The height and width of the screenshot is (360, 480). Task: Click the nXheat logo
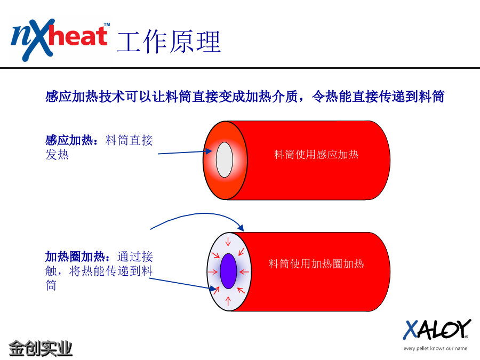pos(60,40)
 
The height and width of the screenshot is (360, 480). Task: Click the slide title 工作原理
pos(169,42)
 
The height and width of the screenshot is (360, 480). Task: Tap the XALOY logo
pos(437,330)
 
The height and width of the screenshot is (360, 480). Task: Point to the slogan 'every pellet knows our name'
pos(435,348)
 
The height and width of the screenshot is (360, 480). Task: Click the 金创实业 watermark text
pos(41,348)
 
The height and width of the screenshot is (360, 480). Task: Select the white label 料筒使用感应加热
pos(316,154)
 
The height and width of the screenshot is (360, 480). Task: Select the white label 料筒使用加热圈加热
pos(316,263)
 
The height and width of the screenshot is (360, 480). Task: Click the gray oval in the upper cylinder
pos(225,159)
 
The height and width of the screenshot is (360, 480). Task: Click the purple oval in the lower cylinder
pos(228,271)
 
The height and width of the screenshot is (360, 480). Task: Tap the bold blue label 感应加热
pos(69,140)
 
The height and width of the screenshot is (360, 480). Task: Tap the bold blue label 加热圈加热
pos(75,257)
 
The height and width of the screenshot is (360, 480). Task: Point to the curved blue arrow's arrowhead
pos(241,227)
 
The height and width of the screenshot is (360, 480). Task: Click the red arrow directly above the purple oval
pos(228,242)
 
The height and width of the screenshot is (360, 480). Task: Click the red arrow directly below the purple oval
pos(228,301)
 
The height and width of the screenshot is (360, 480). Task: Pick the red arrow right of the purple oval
pos(244,271)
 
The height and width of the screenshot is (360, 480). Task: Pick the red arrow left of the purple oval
pos(213,271)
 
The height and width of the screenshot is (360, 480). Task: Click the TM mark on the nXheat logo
pos(107,25)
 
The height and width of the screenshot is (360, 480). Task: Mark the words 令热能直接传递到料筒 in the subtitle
pos(378,97)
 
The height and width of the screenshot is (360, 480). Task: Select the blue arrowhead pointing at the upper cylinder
pos(209,151)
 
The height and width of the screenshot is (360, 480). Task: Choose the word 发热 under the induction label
pos(57,155)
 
